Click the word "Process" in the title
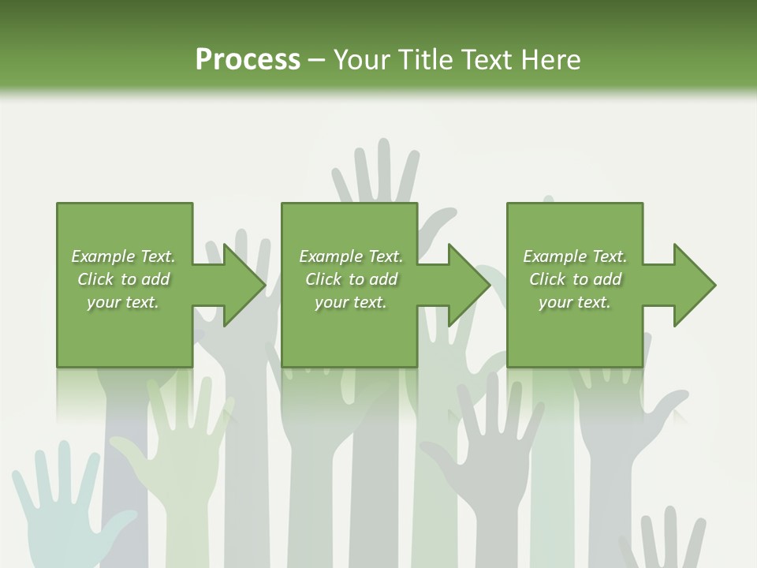tap(248, 60)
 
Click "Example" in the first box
tap(102, 256)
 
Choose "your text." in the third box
tap(574, 302)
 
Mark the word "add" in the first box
tap(156, 279)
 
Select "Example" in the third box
tap(554, 256)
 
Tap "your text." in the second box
tap(350, 302)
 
